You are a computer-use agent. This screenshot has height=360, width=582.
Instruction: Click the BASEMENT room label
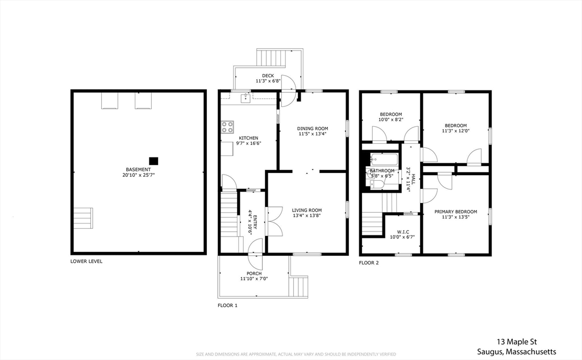tap(139, 169)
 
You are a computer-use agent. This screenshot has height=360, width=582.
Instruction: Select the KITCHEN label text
tap(248, 138)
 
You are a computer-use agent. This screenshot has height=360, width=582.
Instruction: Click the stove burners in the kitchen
tap(227, 127)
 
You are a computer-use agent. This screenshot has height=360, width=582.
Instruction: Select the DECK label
tap(268, 76)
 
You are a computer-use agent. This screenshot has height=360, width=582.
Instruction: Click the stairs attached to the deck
tap(273, 57)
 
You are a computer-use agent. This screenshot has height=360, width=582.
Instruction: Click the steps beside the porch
tap(298, 286)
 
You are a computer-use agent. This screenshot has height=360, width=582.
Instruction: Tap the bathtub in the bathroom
tap(385, 159)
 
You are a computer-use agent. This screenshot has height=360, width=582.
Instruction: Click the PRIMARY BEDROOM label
tap(456, 212)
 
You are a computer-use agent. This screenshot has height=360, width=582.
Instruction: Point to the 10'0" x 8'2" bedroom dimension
tap(390, 120)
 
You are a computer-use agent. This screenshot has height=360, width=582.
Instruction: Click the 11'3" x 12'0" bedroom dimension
tap(456, 131)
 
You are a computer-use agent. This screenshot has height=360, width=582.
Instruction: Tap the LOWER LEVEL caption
tap(86, 262)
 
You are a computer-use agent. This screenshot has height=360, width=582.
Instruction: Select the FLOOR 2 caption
tap(369, 263)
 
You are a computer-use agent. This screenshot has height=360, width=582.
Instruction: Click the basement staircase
tap(83, 218)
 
